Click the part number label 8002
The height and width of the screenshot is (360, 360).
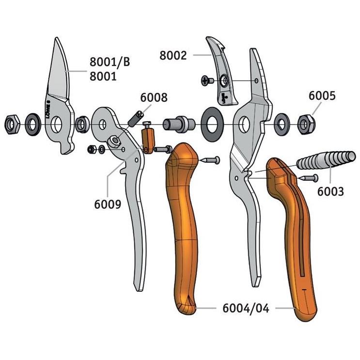(x=173, y=55)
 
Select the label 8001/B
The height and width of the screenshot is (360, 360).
(x=110, y=62)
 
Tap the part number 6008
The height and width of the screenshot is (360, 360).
(x=154, y=97)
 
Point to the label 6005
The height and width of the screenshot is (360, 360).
(x=322, y=95)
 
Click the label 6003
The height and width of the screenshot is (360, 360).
(x=330, y=191)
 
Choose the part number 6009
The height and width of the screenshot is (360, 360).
(x=108, y=204)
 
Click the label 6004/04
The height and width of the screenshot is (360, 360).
(x=246, y=308)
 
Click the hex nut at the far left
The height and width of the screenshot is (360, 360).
(x=12, y=124)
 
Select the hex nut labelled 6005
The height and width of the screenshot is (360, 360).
(x=307, y=125)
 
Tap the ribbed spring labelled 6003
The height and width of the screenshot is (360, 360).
(x=326, y=160)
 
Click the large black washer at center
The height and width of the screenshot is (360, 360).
(x=212, y=124)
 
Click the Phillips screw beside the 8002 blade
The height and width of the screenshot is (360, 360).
(x=207, y=80)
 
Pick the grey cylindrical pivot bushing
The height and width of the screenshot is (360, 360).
(x=179, y=124)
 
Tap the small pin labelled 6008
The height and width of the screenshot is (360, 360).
(x=136, y=119)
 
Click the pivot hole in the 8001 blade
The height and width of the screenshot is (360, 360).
(x=56, y=124)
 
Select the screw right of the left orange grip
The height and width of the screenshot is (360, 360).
(x=210, y=160)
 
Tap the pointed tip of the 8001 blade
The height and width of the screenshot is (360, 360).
(x=56, y=38)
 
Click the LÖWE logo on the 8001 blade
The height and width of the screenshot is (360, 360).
(x=48, y=109)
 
